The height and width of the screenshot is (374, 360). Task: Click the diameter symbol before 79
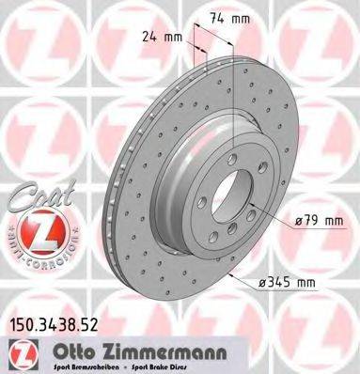point(298,222)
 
